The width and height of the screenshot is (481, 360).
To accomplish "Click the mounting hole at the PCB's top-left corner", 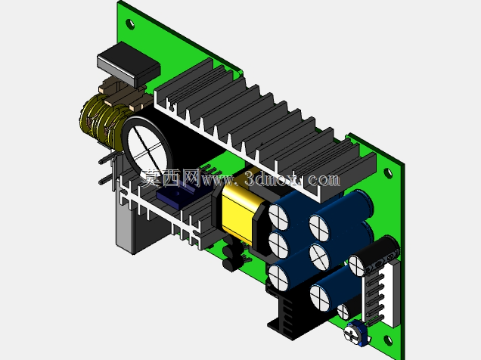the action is [x=130, y=24].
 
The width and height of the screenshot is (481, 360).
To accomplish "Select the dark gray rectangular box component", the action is [x=129, y=64].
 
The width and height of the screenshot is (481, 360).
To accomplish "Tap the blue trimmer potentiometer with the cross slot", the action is [x=356, y=334].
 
